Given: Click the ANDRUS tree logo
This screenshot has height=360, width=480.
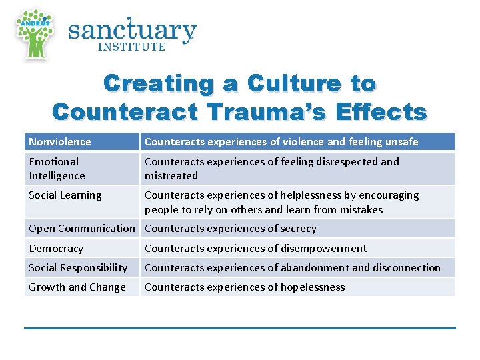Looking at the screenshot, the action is pyautogui.click(x=35, y=33).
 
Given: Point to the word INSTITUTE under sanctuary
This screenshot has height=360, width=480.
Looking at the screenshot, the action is pyautogui.click(x=132, y=47).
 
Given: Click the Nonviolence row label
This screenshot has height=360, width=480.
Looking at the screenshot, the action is pyautogui.click(x=60, y=141).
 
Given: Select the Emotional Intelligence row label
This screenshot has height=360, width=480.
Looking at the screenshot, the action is pyautogui.click(x=57, y=169).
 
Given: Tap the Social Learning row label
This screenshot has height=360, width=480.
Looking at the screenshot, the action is pyautogui.click(x=65, y=195).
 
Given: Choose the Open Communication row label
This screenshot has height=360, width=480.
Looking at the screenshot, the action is pyautogui.click(x=81, y=228).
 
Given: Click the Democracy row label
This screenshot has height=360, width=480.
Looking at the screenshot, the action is pyautogui.click(x=56, y=248).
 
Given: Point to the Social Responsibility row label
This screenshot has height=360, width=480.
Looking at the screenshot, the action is pyautogui.click(x=78, y=267).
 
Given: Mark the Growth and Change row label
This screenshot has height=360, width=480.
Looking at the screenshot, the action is pyautogui.click(x=77, y=287).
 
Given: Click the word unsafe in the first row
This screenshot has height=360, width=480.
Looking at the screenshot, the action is pyautogui.click(x=402, y=141).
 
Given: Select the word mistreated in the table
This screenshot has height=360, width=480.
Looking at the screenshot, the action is pyautogui.click(x=171, y=176).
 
